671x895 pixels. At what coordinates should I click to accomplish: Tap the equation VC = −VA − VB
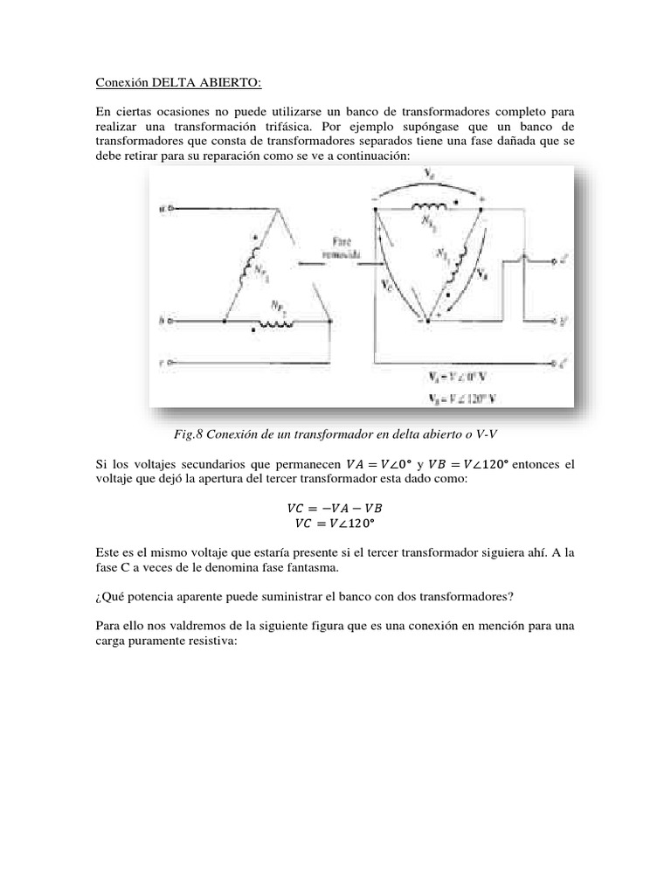click(335, 507)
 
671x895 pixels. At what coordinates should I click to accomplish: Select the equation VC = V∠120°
click(335, 523)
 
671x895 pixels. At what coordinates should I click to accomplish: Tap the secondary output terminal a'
click(556, 260)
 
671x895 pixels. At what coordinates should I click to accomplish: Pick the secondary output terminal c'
click(556, 359)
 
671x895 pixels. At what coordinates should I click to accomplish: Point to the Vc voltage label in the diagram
click(389, 285)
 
